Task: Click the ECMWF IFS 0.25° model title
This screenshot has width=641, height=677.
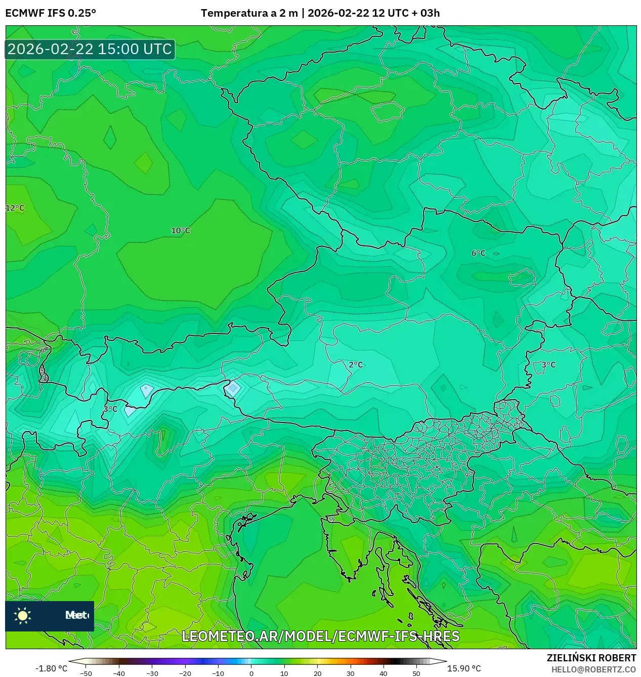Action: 51,13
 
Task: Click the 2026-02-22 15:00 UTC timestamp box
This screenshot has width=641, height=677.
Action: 90,49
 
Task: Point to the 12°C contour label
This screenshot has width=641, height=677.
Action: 15,208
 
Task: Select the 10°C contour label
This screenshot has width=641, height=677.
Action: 181,231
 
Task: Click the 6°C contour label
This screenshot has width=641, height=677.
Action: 478,253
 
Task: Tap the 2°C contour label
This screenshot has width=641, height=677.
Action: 356,364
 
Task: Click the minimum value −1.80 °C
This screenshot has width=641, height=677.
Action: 51,668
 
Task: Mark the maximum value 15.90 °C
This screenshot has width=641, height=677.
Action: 464,668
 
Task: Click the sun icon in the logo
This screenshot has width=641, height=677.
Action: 23,615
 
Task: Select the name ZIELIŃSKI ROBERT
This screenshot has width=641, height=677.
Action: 591,658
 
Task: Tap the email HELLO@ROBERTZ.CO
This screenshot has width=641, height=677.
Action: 594,669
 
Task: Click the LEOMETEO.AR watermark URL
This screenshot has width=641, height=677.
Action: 320,636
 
